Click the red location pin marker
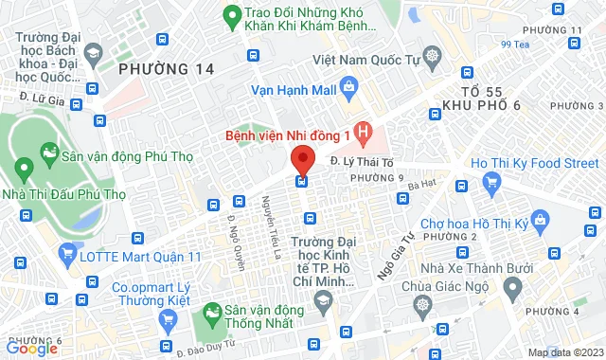[x=302, y=157]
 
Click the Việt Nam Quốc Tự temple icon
[x=432, y=57]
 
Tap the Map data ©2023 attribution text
[x=564, y=352]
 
